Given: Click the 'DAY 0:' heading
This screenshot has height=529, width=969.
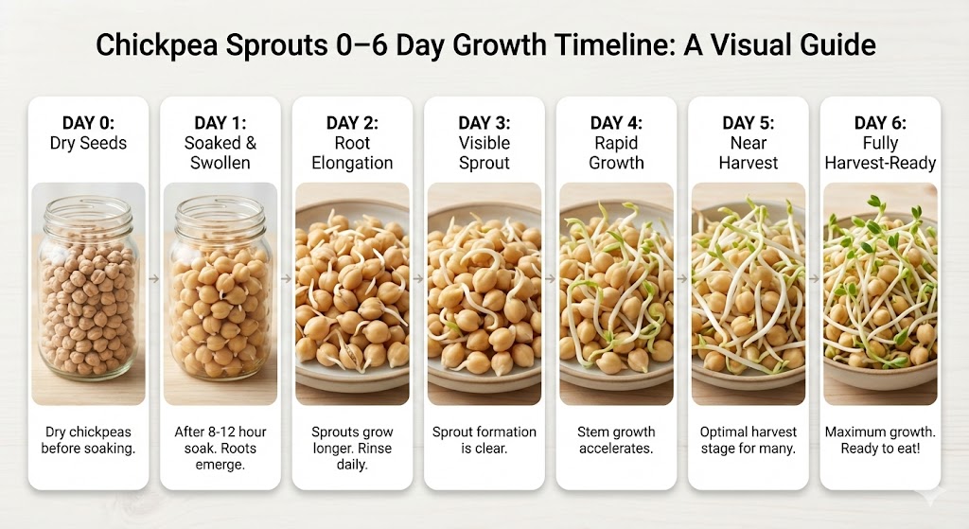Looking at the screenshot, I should [88, 123].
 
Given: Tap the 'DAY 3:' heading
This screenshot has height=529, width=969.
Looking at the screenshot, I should [484, 123].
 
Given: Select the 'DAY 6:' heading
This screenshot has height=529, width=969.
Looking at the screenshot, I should [880, 123].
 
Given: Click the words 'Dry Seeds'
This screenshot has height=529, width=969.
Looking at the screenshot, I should [88, 143].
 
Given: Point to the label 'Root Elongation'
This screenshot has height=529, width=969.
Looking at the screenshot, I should [352, 152].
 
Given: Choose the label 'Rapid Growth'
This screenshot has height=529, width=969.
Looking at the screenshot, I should [616, 152].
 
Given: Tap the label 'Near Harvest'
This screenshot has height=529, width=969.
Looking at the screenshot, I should [749, 152].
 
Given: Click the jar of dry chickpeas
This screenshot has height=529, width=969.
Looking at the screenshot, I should [88, 289].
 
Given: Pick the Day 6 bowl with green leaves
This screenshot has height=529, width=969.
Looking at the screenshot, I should [880, 298].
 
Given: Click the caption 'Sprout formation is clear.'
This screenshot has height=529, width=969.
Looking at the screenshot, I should [484, 440].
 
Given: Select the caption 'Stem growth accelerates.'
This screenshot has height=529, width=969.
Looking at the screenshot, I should [616, 440].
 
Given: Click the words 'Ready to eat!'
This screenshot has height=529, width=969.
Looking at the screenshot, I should [880, 449].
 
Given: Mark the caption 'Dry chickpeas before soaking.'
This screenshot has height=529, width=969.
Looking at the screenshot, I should [88, 440].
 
